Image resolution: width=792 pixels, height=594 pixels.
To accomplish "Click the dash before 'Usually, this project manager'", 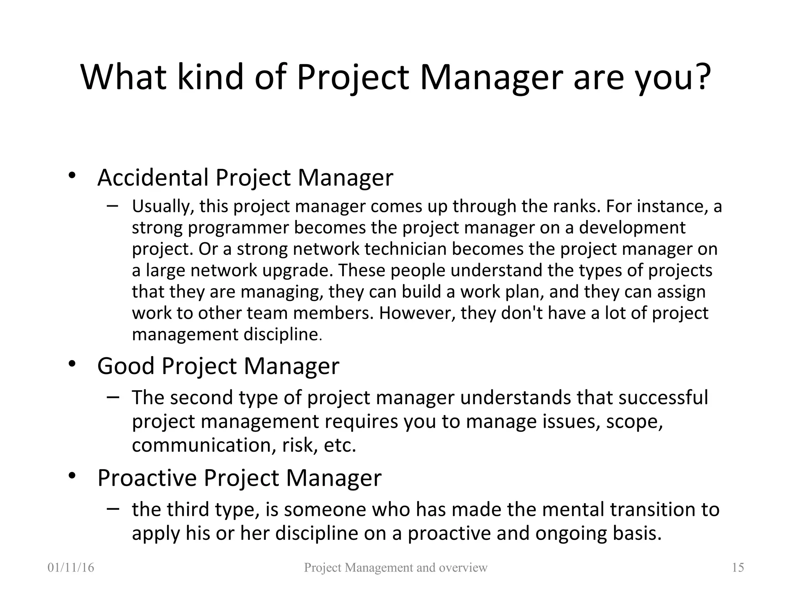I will coord(113,206).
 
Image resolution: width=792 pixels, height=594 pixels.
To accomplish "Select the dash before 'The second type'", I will coord(113,397).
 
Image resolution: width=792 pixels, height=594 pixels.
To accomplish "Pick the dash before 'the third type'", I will coord(113,509).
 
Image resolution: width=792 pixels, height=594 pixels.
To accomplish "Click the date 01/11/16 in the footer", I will coord(71,568).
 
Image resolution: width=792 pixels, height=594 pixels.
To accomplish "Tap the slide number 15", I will coord(738,568).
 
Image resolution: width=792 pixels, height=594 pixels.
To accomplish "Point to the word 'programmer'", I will coord(239,228).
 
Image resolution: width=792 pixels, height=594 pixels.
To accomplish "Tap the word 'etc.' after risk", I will coord(340,445).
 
